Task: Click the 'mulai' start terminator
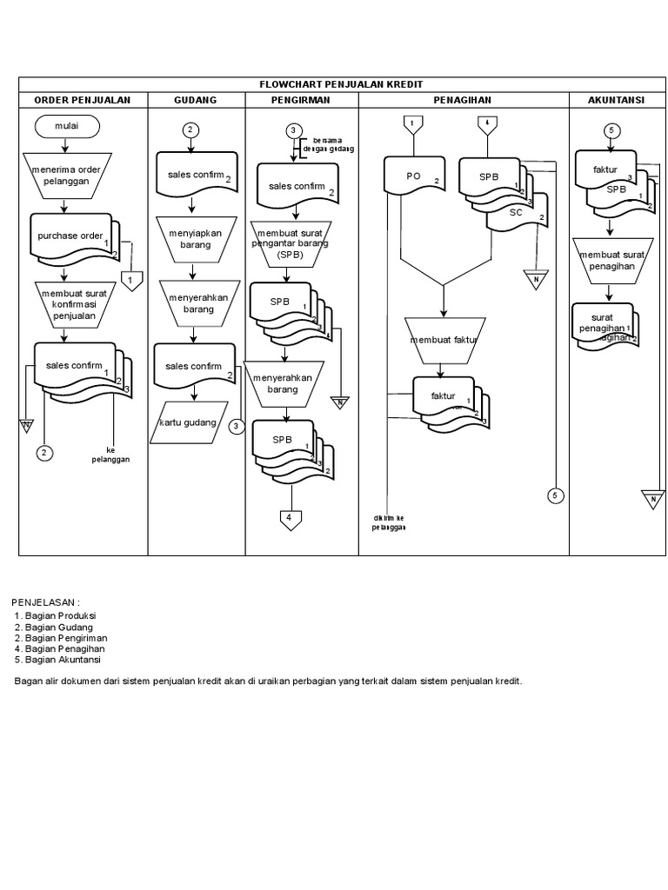tap(67, 127)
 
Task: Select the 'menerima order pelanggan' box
tap(66, 174)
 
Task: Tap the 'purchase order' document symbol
tap(70, 236)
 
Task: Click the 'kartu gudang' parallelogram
tap(189, 422)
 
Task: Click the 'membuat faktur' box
tap(444, 340)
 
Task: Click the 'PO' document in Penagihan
tap(414, 176)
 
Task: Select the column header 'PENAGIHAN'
tap(464, 100)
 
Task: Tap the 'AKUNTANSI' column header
tap(616, 100)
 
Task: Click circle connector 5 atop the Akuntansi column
tap(612, 130)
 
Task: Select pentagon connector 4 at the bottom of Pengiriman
tap(291, 520)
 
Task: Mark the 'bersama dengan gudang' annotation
tap(321, 143)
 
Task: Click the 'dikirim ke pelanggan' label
tap(389, 522)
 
